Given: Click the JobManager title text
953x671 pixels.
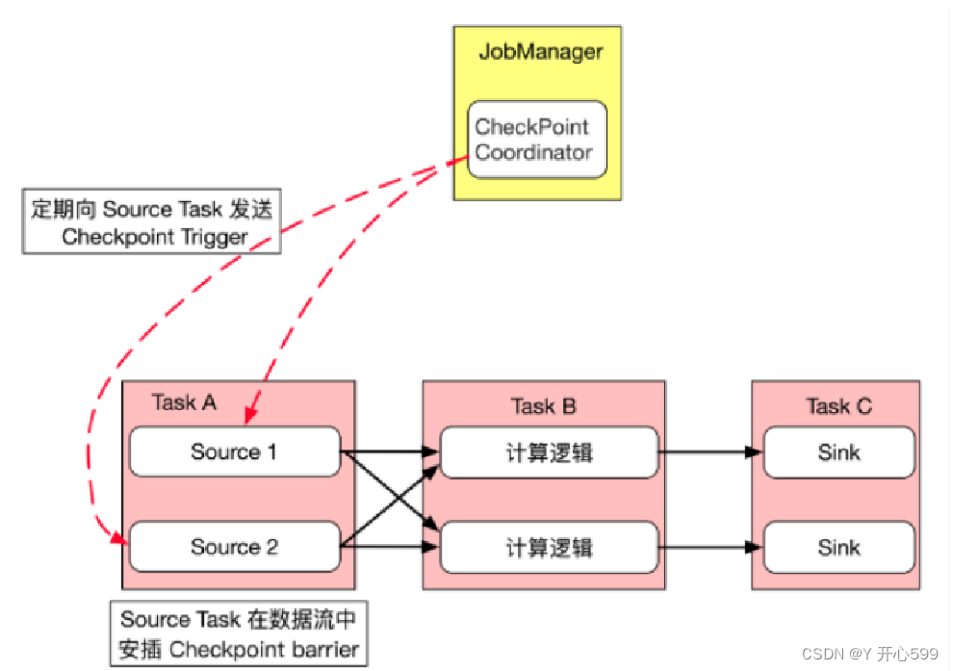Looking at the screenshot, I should (540, 51).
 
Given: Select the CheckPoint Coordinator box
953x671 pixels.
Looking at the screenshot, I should (537, 140).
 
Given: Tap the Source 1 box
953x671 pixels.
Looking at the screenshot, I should (235, 452).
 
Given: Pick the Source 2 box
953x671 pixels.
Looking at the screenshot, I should (235, 547).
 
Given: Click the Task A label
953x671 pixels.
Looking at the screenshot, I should (184, 402).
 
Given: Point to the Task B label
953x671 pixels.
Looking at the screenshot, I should (543, 406).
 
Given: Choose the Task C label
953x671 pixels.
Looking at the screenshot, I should (838, 406).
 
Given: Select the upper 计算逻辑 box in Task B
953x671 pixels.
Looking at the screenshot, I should (549, 452).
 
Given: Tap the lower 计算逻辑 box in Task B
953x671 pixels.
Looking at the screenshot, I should (549, 548).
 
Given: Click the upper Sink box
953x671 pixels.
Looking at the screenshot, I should (838, 452).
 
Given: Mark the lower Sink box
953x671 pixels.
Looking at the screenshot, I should (838, 548).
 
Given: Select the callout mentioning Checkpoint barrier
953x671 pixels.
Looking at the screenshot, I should (239, 633).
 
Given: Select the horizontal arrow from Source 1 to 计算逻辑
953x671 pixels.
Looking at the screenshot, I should (390, 451).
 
